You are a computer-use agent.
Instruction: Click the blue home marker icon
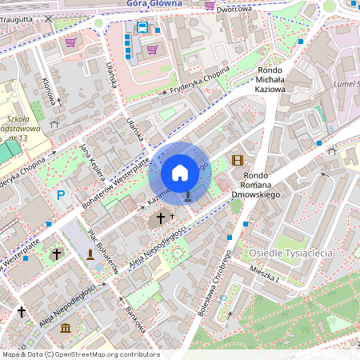[180, 172]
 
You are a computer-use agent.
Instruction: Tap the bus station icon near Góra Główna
[142, 27]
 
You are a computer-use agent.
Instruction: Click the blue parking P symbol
[60, 195]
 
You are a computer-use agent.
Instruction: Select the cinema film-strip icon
[237, 160]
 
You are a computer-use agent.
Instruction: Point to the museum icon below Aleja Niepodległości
[66, 328]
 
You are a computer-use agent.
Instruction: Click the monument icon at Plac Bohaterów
[90, 254]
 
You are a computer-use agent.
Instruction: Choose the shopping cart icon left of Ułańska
[71, 42]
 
